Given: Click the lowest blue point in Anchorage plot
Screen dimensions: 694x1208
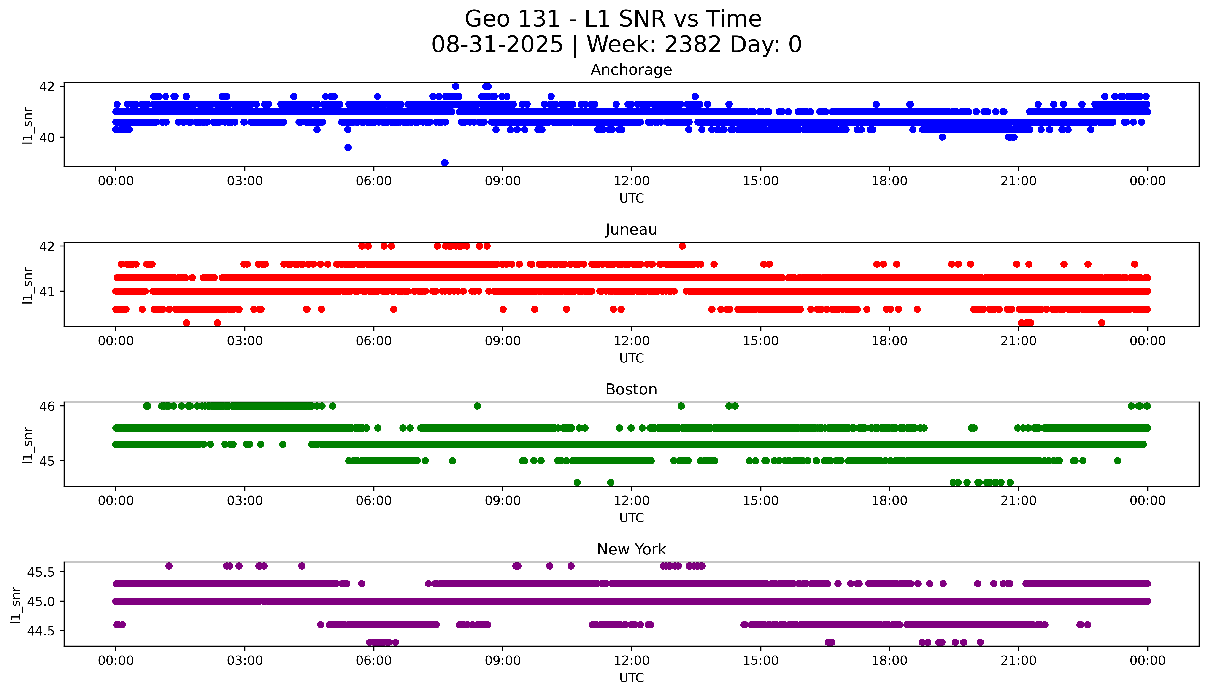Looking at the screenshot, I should pos(445,163).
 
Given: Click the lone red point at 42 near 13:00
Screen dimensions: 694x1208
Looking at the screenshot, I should pos(682,246).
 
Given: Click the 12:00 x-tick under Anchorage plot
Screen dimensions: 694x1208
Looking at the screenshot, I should pos(631,181).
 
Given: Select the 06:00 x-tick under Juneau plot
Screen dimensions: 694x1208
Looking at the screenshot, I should pos(374,341).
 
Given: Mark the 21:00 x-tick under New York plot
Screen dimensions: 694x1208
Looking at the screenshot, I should pos(1018,661).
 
